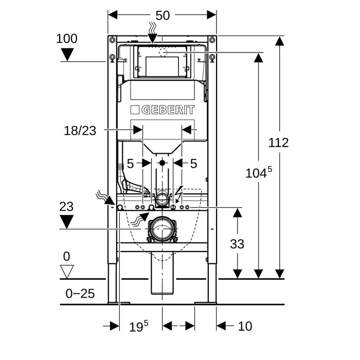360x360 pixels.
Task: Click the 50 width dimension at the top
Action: pos(163,15)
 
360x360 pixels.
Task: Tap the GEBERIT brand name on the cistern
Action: pos(168,110)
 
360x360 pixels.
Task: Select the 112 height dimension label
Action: pos(279,142)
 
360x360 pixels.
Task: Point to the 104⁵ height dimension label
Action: pos(259,172)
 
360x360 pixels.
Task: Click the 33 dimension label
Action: pos(237,244)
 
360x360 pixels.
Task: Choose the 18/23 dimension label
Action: pos(80,131)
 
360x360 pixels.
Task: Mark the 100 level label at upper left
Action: pos(66,39)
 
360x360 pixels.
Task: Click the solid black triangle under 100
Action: pos(67,55)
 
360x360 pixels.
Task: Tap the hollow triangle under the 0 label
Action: pos(67,272)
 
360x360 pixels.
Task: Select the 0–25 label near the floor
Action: pos(80,294)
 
